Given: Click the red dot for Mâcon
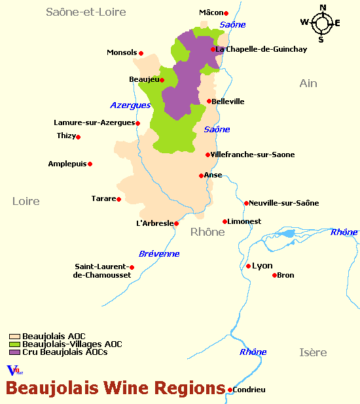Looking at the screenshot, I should pyautogui.click(x=226, y=13).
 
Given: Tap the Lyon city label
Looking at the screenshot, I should pyautogui.click(x=262, y=266).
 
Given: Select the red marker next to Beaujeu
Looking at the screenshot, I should pyautogui.click(x=162, y=81).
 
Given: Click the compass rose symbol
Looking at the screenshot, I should pyautogui.click(x=321, y=24).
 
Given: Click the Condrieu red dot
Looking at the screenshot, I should pyautogui.click(x=230, y=390).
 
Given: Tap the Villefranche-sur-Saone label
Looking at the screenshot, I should pyautogui.click(x=253, y=155).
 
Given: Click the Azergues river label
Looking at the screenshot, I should pyautogui.click(x=130, y=105).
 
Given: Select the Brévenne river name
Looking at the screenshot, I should pyautogui.click(x=159, y=254).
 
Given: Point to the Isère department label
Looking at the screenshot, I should pyautogui.click(x=313, y=353).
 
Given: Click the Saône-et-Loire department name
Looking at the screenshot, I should pyautogui.click(x=86, y=12).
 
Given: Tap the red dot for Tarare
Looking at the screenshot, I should pyautogui.click(x=118, y=199).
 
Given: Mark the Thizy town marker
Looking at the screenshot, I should pyautogui.click(x=79, y=137).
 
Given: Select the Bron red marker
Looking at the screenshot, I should pyautogui.click(x=274, y=275).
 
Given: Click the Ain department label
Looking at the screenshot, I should pyautogui.click(x=308, y=83).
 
